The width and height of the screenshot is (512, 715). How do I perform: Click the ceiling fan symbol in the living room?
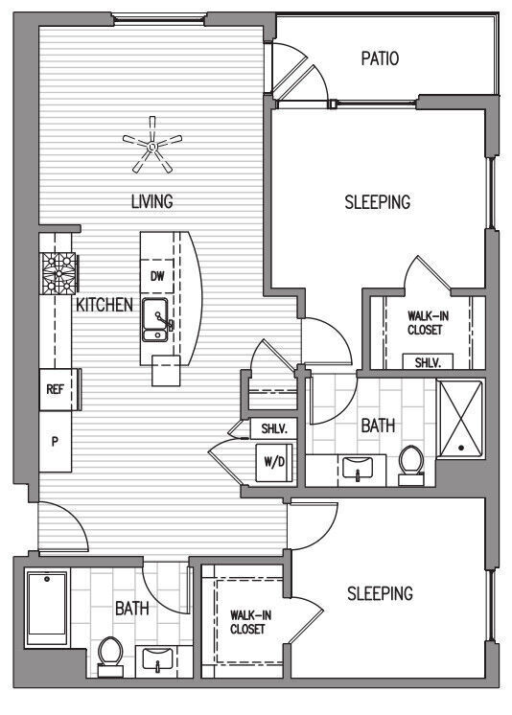coord(151,145)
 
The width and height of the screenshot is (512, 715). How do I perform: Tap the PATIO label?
coord(380,59)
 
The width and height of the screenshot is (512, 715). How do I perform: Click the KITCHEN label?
coord(104,305)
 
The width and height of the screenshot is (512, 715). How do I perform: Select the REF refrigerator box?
coord(56,390)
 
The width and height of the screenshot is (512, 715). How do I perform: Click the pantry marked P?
coord(56,442)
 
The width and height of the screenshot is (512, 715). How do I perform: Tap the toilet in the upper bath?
coord(411,462)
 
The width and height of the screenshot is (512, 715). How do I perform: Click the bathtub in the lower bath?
coord(45,611)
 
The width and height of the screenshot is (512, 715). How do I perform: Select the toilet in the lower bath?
coord(110,656)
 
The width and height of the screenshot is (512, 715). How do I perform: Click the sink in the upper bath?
coord(358,470)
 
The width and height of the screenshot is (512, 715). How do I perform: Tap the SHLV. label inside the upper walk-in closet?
coord(427,363)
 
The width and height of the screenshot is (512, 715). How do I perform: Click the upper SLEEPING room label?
coord(377,202)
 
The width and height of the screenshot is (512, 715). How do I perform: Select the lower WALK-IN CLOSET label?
coord(247,623)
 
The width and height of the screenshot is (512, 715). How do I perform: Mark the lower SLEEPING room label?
coord(381,593)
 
